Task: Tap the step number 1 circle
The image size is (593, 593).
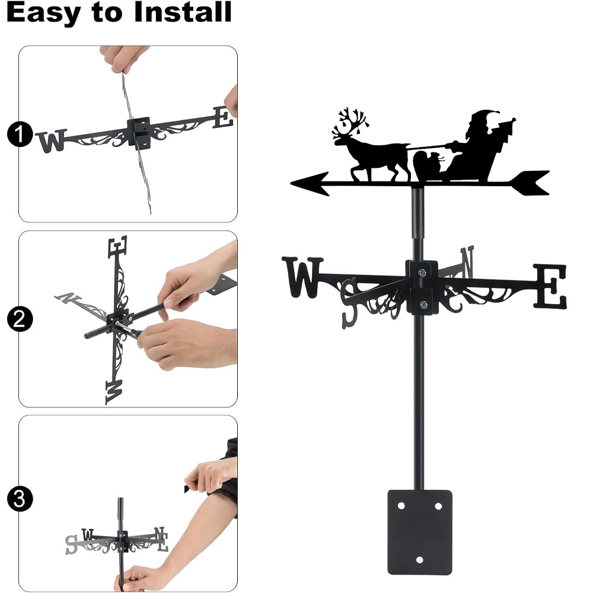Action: tap(20, 134)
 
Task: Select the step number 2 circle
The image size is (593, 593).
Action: tap(20, 319)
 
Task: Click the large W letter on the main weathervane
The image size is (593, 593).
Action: tap(302, 277)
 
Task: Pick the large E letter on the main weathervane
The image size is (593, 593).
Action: tap(550, 286)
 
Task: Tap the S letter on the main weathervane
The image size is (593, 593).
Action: tap(349, 302)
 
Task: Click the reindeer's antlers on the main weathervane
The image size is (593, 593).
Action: tap(350, 123)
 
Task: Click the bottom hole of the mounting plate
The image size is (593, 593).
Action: tap(419, 560)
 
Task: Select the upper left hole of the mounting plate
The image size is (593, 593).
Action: tap(401, 506)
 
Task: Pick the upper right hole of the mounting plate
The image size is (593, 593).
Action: tap(438, 506)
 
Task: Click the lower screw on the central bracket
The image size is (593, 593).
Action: tap(423, 304)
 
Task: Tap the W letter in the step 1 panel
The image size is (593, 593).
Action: tap(52, 141)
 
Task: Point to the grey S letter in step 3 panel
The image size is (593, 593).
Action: tap(71, 545)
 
